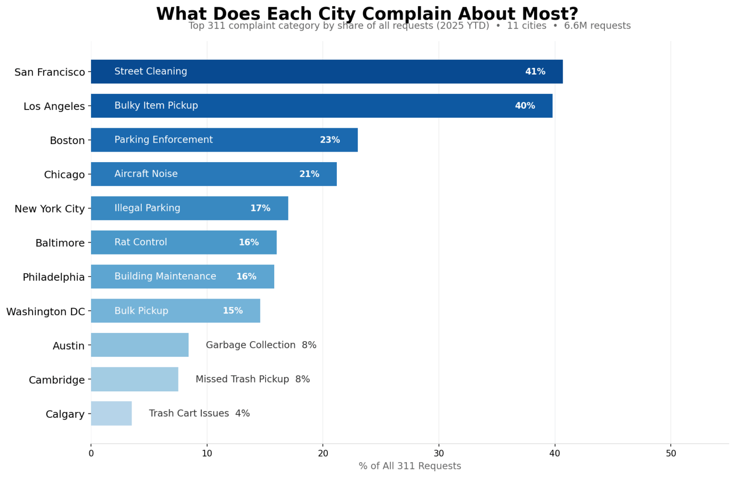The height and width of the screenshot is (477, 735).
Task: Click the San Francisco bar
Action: click(x=327, y=72)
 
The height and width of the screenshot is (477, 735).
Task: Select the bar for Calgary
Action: click(x=111, y=413)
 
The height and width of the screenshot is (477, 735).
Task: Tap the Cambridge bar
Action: click(x=134, y=379)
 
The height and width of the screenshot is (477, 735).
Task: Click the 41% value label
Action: click(x=535, y=72)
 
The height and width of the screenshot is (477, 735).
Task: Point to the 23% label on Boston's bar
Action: click(x=330, y=140)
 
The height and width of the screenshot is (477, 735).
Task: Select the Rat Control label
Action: click(x=141, y=243)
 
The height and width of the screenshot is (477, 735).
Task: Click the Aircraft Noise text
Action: click(x=146, y=174)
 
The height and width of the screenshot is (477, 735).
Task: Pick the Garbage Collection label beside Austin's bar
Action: click(x=251, y=345)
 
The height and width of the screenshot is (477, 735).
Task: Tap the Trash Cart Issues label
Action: click(x=189, y=413)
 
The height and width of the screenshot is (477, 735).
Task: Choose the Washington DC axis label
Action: click(x=45, y=312)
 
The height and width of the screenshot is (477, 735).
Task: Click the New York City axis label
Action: click(x=49, y=209)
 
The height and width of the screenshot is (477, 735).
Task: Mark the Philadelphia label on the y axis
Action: click(x=54, y=277)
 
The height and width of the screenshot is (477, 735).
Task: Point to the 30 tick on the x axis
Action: click(x=439, y=454)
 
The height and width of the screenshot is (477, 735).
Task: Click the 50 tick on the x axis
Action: click(x=671, y=454)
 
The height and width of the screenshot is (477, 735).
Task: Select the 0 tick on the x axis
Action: click(x=91, y=454)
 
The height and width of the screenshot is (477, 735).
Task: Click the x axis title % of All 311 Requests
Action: click(x=410, y=466)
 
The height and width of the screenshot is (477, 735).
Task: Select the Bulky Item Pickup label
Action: click(x=156, y=106)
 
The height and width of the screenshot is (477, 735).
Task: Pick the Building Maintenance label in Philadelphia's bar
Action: click(x=165, y=277)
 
